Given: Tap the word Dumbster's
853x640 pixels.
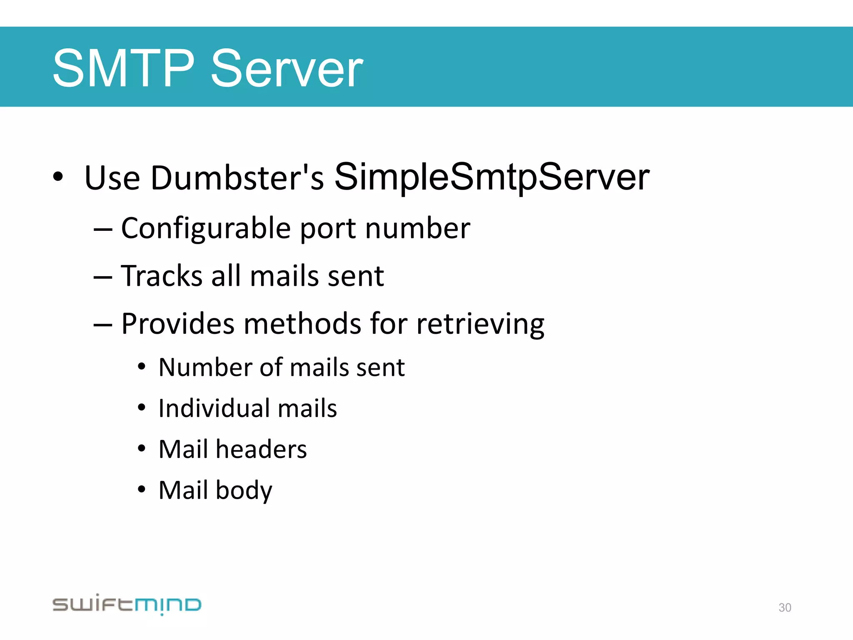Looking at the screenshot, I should (x=237, y=178).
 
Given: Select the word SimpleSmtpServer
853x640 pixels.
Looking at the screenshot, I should (x=492, y=177).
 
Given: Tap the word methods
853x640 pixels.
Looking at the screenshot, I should (x=302, y=324).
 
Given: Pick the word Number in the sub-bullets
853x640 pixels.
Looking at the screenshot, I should (x=205, y=367).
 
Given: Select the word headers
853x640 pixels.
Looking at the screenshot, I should (x=261, y=449).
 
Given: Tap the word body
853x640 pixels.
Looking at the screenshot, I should (x=244, y=490).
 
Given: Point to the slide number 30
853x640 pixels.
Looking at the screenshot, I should (x=785, y=607).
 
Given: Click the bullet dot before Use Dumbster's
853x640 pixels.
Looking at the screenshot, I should (x=58, y=177).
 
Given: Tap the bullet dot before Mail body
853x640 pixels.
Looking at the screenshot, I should (x=142, y=489).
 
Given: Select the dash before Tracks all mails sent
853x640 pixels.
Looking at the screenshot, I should (x=102, y=277).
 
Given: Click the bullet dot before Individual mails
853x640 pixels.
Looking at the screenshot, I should (x=142, y=407).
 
